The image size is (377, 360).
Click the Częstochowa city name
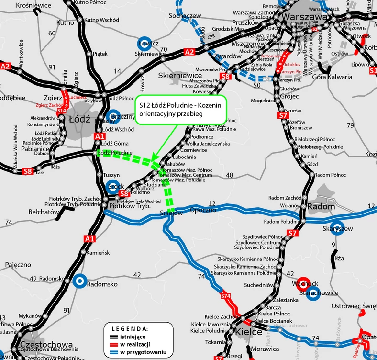46,345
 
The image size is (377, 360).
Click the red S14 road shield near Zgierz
61,111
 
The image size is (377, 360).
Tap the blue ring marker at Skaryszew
338,228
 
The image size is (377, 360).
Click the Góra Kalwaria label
332,77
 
